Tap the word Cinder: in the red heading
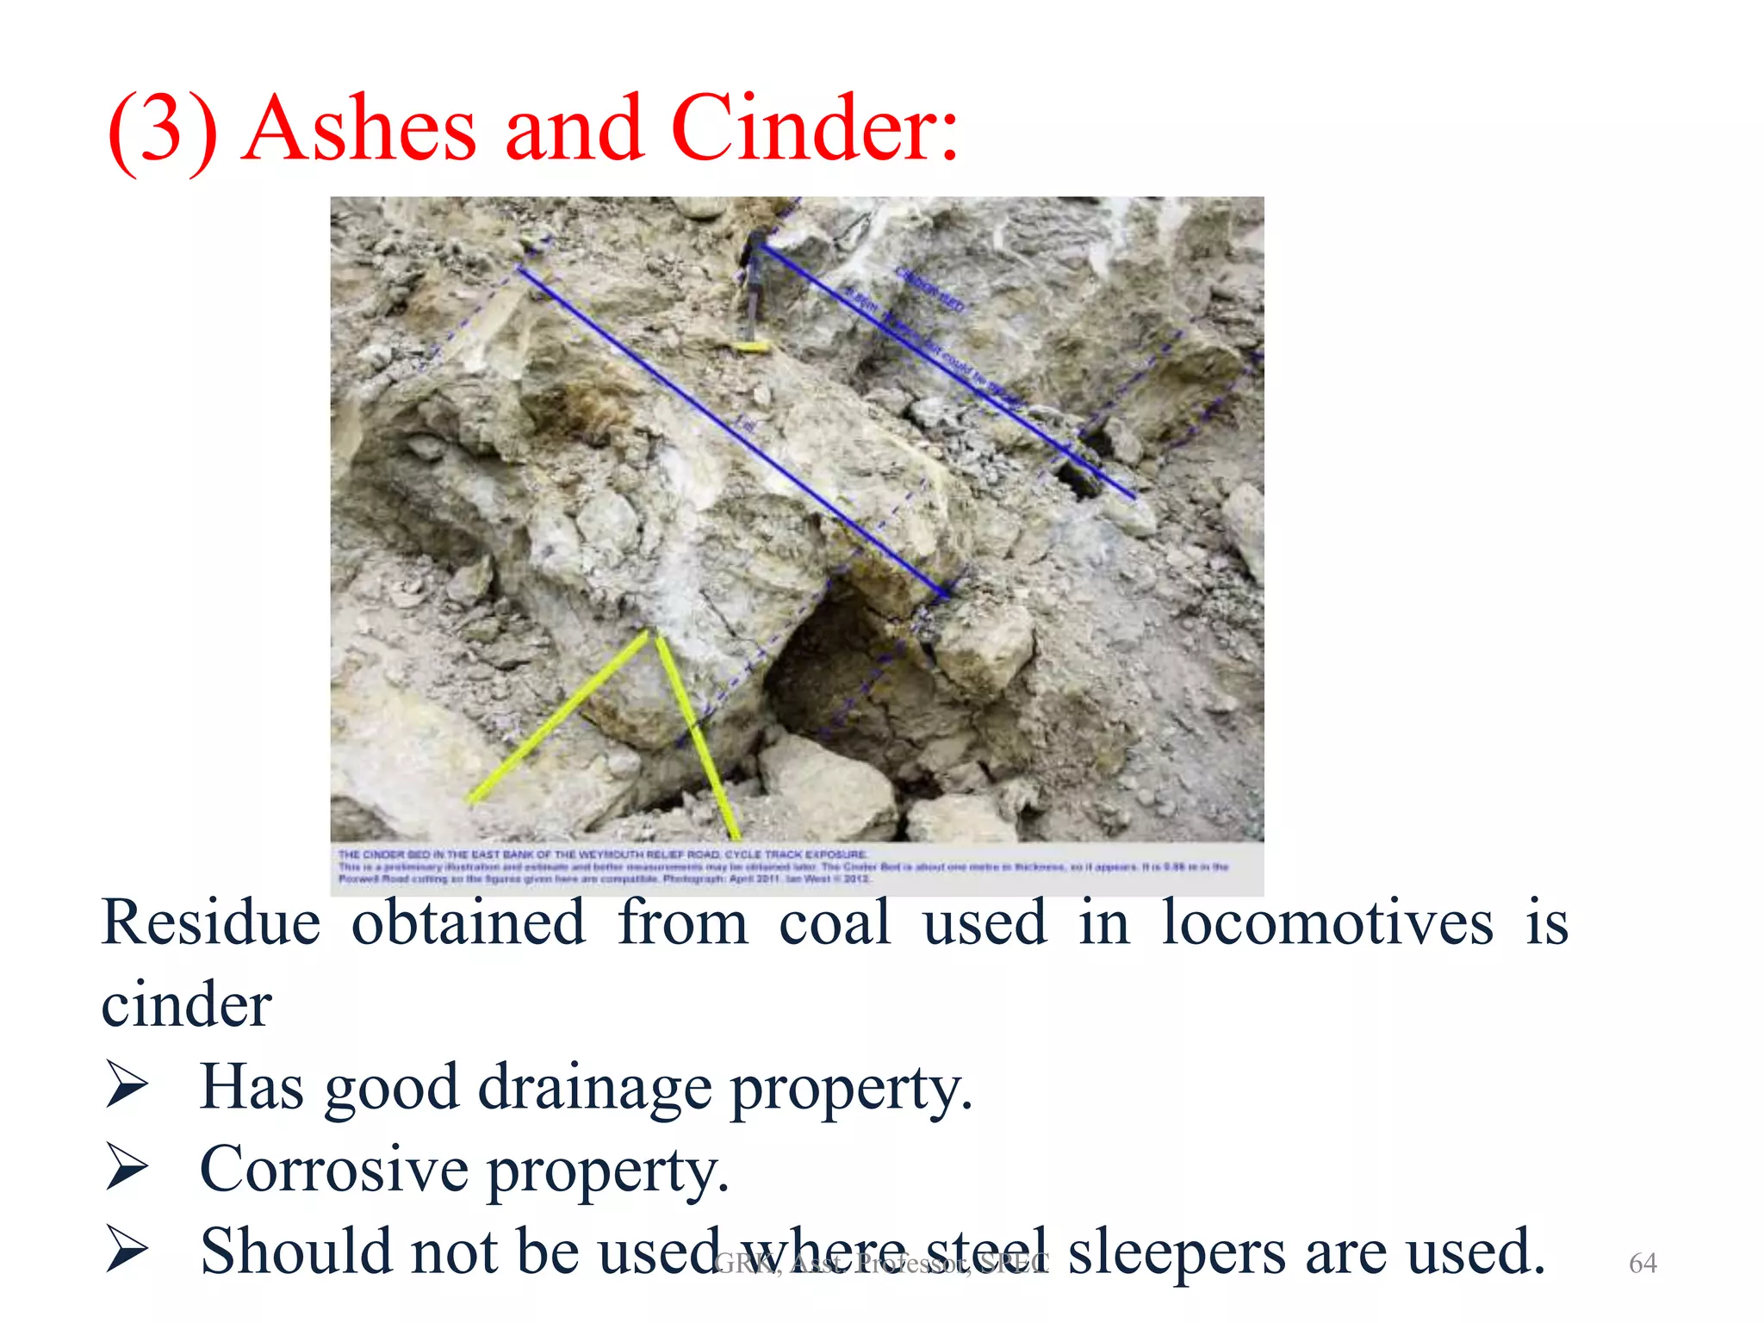point(814,129)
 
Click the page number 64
point(1643,1263)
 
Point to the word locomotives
point(1326,923)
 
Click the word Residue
point(211,923)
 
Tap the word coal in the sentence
point(834,923)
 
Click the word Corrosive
point(334,1170)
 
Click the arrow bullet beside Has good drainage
point(127,1086)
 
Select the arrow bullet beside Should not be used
point(127,1250)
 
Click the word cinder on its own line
point(186,1005)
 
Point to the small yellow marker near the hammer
point(751,347)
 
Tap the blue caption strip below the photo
point(797,866)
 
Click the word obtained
point(469,923)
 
